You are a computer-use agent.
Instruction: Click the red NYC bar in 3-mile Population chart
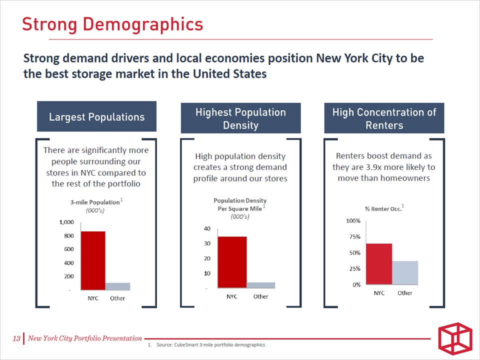93,260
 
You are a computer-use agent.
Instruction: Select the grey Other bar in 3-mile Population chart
117,286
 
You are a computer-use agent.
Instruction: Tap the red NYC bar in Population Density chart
232,262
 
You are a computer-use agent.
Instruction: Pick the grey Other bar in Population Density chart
260,285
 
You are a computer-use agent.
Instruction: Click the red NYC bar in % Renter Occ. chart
379,264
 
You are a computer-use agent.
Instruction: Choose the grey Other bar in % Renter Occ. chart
405,272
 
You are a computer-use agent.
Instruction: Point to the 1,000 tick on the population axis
66,222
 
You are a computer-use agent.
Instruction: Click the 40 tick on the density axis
207,228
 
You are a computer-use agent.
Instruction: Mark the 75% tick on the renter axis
354,237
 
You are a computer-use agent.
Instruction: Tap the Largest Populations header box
96,117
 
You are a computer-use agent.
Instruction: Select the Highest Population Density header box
240,118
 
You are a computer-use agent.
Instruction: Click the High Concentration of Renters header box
384,118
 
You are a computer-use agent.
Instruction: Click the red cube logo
454,339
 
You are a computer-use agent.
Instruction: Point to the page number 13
16,339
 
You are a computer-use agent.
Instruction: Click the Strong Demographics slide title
112,24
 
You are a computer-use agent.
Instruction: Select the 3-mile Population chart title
94,202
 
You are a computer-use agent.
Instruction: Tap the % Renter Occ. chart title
382,208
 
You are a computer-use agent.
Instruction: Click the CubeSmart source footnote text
210,345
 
